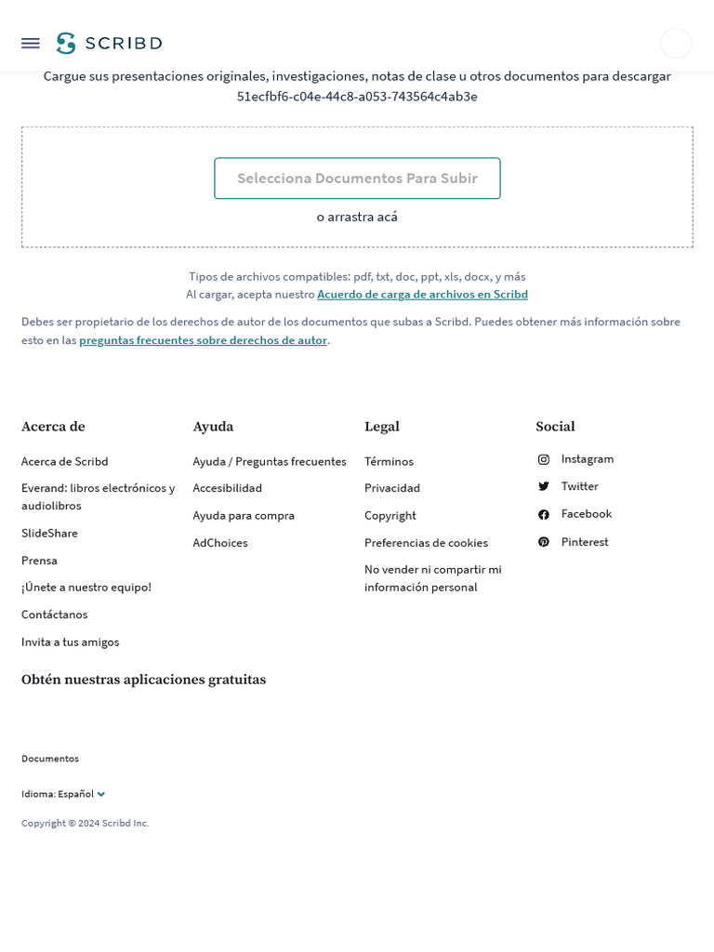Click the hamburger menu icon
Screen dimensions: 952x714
[31, 43]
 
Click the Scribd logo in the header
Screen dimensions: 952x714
[109, 43]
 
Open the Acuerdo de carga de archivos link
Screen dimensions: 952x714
[422, 295]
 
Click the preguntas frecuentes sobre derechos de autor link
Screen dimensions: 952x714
[203, 340]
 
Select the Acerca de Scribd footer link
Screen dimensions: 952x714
[65, 461]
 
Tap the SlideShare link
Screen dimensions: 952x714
[49, 534]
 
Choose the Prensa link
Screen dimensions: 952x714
[39, 561]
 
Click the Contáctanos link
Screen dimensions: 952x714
[55, 615]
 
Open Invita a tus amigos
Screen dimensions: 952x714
[71, 642]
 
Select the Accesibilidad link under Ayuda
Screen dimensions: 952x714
[228, 488]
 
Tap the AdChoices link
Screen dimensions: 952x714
[220, 543]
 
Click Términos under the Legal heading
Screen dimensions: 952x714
[389, 461]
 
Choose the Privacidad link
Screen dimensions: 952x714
[392, 488]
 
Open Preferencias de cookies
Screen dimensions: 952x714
[426, 543]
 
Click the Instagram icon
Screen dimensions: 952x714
[544, 459]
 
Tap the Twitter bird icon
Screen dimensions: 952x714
[544, 486]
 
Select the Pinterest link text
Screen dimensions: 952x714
[585, 542]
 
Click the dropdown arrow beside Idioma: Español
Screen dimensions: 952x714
[101, 794]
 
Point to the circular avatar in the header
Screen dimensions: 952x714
[676, 43]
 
